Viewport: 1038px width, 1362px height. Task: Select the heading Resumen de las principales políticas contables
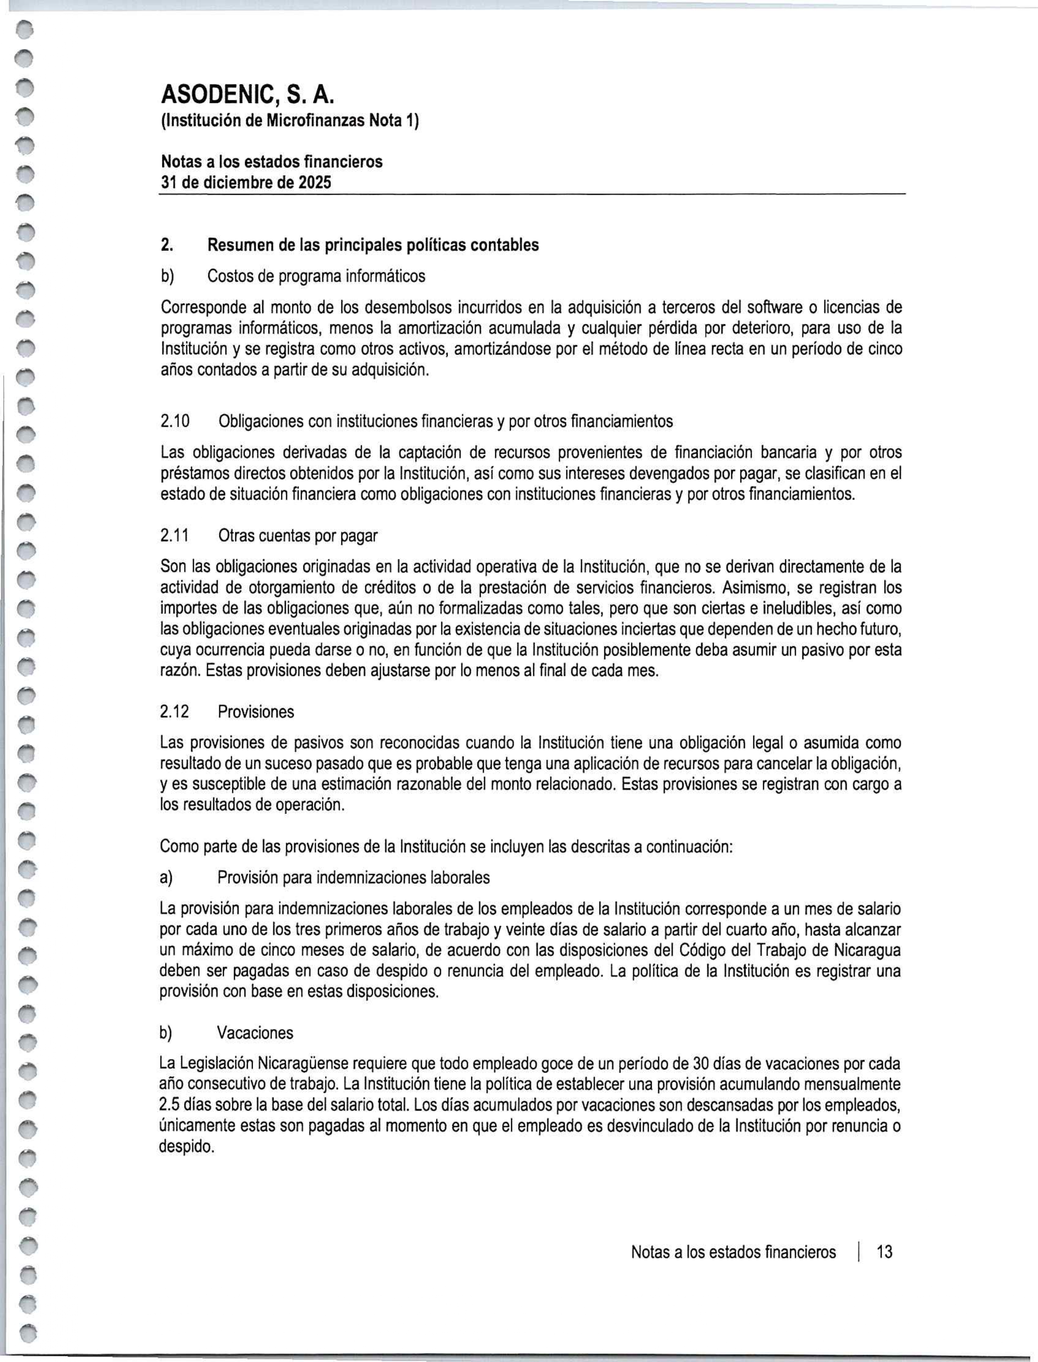point(372,245)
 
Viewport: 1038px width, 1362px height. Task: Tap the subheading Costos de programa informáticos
point(316,276)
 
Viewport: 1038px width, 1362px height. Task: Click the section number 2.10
point(175,421)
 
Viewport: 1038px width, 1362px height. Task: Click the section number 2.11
point(175,535)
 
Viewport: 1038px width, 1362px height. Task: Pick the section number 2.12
point(175,712)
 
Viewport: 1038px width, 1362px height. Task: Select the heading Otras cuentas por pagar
point(298,535)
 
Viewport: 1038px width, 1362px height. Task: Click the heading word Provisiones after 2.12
point(256,712)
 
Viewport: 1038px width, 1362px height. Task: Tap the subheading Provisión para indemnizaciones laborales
point(353,877)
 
